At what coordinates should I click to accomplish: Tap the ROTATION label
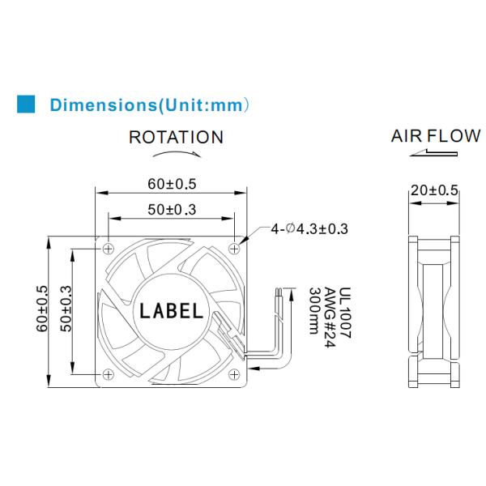click(176, 138)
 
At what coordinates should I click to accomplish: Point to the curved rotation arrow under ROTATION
click(176, 153)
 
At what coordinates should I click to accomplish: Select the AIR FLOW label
click(435, 136)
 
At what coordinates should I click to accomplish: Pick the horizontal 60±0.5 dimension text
click(172, 184)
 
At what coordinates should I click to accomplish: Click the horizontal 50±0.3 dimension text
click(172, 210)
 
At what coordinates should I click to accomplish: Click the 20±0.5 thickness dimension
click(434, 190)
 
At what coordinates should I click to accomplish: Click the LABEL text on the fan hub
click(173, 309)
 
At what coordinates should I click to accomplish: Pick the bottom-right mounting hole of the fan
click(235, 374)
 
